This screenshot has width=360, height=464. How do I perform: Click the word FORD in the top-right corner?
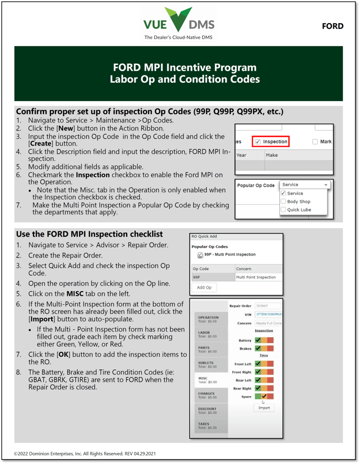pos(332,26)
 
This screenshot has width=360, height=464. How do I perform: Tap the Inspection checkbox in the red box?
pos(258,141)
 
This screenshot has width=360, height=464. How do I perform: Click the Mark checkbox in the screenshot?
pos(314,141)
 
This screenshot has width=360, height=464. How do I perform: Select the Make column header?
pos(272,155)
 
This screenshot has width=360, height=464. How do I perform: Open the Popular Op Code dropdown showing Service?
pos(305,185)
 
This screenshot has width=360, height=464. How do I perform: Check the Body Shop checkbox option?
pos(283,202)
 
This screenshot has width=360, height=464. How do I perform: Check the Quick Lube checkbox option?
pos(283,209)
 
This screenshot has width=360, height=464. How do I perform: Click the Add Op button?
pos(204,288)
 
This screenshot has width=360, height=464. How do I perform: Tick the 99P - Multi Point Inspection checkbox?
pos(200,255)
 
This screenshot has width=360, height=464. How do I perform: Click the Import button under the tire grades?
pos(264,407)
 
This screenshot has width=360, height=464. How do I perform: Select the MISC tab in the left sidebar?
pos(208,379)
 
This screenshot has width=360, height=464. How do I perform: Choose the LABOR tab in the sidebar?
pos(208,334)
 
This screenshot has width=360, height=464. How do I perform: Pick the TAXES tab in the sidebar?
pos(208,426)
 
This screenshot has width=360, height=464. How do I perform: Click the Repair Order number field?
pos(267,305)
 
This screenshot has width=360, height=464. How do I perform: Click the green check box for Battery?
pos(258,341)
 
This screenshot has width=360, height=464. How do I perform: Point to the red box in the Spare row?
pos(271,397)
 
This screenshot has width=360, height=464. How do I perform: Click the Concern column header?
pos(244,269)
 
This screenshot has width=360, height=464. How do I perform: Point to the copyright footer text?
pos(85,454)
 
